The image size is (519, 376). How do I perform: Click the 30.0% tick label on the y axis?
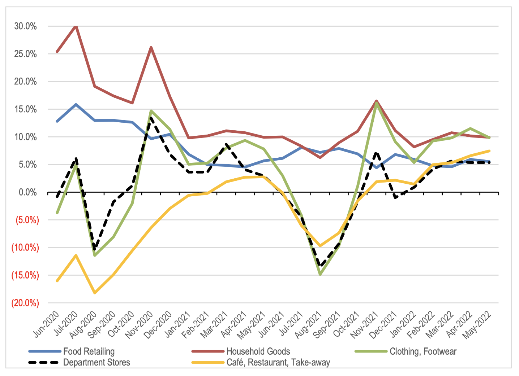[25, 26]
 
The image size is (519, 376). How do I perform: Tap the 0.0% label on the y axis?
[27, 192]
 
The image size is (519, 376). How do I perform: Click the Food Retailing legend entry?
[89, 351]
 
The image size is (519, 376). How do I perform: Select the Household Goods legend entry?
[258, 351]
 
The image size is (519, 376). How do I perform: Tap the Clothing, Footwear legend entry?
[423, 351]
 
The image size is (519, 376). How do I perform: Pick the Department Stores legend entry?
[96, 362]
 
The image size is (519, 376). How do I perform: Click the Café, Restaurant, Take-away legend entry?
[278, 362]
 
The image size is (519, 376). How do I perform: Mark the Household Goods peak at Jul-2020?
[76, 26]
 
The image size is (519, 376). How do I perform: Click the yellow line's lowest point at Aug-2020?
[95, 293]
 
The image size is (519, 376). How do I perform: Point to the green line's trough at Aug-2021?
[320, 274]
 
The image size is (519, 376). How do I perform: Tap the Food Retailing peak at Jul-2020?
[76, 104]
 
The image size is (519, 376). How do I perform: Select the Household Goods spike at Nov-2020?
[151, 47]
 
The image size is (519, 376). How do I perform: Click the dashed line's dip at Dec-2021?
[396, 198]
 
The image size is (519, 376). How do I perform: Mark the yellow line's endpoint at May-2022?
[490, 151]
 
